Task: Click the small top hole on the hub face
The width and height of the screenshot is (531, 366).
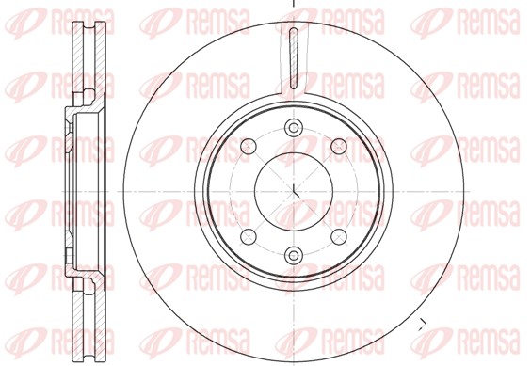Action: click(294, 128)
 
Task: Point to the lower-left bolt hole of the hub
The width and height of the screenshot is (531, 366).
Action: click(249, 236)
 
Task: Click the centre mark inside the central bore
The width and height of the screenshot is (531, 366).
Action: click(294, 191)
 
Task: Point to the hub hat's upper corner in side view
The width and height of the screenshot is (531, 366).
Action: click(70, 114)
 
